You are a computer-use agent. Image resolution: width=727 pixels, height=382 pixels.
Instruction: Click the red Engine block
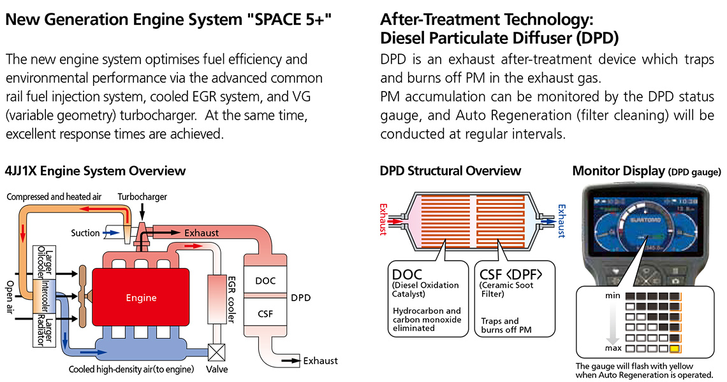(x=140, y=297)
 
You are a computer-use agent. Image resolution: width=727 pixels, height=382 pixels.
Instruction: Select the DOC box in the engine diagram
(x=265, y=280)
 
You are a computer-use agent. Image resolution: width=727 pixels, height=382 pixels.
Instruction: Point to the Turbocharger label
(x=142, y=197)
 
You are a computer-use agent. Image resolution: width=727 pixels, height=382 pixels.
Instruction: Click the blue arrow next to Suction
(x=112, y=233)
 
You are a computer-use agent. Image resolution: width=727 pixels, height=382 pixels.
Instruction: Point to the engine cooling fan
(x=82, y=296)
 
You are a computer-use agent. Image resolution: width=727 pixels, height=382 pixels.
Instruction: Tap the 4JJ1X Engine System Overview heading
(x=95, y=171)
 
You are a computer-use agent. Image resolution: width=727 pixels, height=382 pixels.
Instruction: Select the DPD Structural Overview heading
(x=450, y=171)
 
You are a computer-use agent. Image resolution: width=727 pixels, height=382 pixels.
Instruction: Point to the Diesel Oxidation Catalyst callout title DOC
(x=407, y=274)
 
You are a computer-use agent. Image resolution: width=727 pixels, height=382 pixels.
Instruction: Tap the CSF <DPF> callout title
(x=510, y=274)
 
